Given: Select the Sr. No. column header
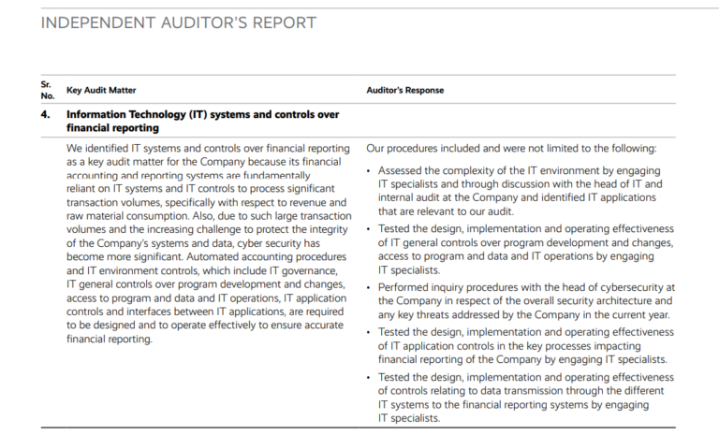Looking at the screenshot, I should tap(46, 90).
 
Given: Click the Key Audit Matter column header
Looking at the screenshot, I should tap(101, 91).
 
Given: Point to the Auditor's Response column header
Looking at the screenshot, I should tap(404, 91).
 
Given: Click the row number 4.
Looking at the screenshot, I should tap(46, 115).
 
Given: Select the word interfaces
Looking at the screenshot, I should tap(132, 312).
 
